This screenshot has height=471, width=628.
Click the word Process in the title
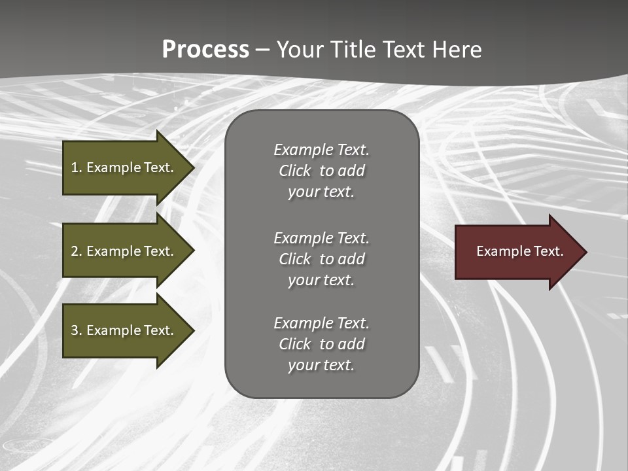point(205,50)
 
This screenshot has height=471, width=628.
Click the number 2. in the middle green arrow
point(77,251)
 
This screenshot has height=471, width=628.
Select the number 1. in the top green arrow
point(77,167)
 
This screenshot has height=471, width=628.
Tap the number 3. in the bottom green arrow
point(77,330)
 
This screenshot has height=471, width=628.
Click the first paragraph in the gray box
point(321,171)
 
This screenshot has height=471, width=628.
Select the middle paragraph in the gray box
point(321,258)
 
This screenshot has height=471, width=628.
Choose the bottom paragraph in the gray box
point(321,344)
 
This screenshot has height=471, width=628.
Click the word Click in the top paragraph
point(295,171)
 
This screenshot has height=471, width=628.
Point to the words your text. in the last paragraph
point(321,365)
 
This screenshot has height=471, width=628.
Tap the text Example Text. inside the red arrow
point(519,251)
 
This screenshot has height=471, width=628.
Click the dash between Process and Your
point(263,50)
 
